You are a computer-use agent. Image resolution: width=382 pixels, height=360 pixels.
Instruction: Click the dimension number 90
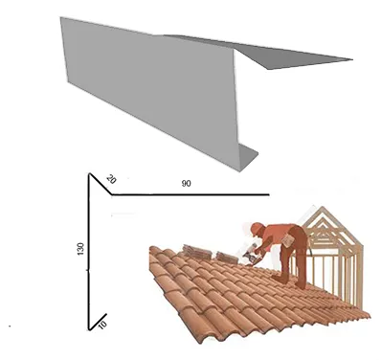pyautogui.click(x=187, y=184)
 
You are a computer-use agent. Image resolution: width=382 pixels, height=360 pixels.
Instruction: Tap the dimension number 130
pyautogui.click(x=80, y=249)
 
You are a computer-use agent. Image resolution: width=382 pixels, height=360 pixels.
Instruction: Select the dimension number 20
pyautogui.click(x=111, y=179)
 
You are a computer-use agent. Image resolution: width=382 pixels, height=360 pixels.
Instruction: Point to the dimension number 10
pyautogui.click(x=102, y=325)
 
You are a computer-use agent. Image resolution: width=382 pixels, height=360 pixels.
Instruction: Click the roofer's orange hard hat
pyautogui.click(x=257, y=228)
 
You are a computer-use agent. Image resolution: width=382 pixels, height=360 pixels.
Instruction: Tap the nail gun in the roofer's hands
pyautogui.click(x=251, y=255)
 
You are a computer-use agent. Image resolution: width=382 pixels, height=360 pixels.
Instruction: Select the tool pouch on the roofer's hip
pyautogui.click(x=288, y=240)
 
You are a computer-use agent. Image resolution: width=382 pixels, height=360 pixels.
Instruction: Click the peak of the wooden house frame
pyautogui.click(x=323, y=207)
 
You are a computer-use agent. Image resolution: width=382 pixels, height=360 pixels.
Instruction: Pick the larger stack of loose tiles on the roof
pyautogui.click(x=197, y=253)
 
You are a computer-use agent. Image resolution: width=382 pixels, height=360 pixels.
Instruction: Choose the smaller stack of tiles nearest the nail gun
pyautogui.click(x=227, y=258)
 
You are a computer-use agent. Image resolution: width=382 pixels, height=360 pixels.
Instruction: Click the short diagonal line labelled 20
pyautogui.click(x=101, y=184)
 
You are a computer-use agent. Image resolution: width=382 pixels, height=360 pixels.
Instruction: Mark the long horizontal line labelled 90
pyautogui.click(x=191, y=194)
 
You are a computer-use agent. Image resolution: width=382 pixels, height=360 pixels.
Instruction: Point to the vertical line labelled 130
pyautogui.click(x=89, y=252)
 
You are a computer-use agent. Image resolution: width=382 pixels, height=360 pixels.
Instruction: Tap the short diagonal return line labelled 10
pyautogui.click(x=98, y=322)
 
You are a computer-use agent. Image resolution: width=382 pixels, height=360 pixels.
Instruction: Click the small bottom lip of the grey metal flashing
pyautogui.click(x=249, y=158)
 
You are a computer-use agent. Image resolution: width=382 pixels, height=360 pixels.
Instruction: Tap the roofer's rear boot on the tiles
pyautogui.click(x=301, y=284)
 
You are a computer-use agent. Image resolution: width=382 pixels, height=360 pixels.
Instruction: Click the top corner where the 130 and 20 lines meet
pyautogui.click(x=90, y=173)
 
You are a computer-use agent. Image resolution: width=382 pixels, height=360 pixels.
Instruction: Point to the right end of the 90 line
pyautogui.click(x=270, y=194)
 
